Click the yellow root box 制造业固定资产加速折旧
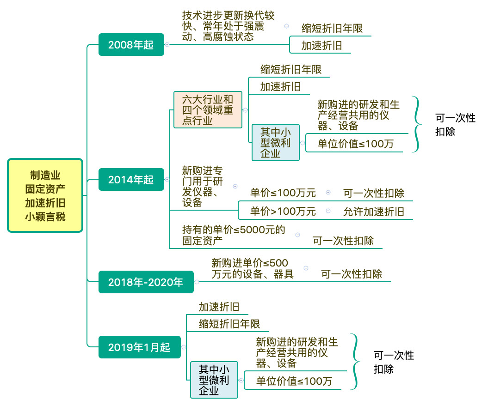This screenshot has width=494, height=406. point(45,195)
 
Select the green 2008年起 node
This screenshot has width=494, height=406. point(131,45)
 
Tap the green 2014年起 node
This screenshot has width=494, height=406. point(131,179)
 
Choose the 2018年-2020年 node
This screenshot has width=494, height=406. point(146,282)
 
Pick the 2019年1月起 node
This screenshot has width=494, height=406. point(139,347)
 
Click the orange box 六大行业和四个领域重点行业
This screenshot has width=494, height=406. point(208,110)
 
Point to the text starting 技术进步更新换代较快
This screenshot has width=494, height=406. point(228,26)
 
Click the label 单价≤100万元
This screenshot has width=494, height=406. point(283,193)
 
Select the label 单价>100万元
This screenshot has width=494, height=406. point(283,211)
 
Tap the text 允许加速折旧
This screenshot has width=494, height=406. point(374,211)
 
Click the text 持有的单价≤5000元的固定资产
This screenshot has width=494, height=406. point(234,235)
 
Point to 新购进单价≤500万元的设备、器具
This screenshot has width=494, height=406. point(253,268)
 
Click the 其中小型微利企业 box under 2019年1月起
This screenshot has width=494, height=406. point(214,380)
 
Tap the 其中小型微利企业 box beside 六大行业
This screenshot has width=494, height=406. point(276,143)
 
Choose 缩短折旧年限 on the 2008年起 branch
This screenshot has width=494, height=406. point(332,28)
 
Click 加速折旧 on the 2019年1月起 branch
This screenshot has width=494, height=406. point(219,307)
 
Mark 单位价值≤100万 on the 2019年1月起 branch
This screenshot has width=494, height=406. point(294,381)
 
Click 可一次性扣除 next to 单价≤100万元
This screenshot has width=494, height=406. point(374,193)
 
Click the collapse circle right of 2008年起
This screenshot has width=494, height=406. point(167,45)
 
